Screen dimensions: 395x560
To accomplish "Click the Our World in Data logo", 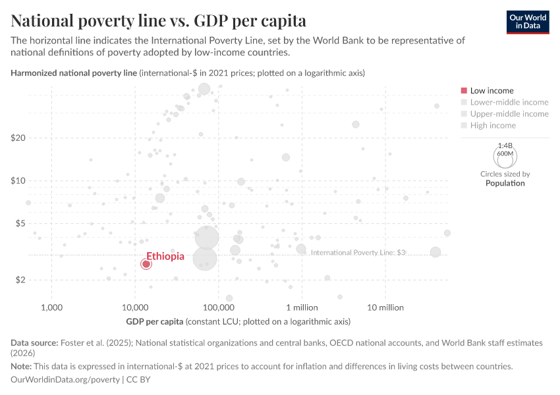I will (x=527, y=22).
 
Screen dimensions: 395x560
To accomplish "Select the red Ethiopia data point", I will (x=146, y=264).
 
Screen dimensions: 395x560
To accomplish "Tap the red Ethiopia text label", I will (x=165, y=256).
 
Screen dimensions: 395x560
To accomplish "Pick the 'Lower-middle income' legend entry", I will (x=509, y=102).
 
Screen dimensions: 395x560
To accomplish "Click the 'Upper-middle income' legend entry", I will (x=509, y=114).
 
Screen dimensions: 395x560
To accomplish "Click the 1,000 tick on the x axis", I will (x=51, y=307).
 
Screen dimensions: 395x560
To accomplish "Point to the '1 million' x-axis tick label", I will (x=302, y=307).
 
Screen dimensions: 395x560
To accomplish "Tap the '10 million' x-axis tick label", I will (x=385, y=307).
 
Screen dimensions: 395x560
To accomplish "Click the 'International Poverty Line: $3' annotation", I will (x=358, y=252).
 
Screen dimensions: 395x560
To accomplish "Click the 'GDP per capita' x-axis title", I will (x=155, y=322).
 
